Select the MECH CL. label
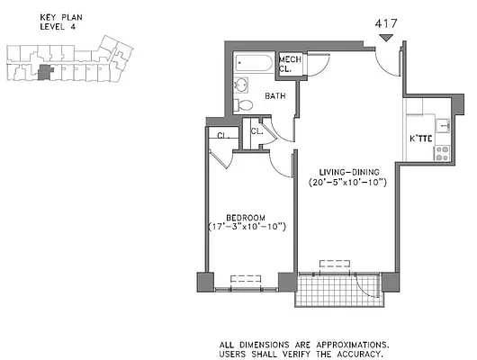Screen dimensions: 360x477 pyautogui.click(x=290, y=63)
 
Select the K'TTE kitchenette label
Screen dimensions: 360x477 pyautogui.click(x=422, y=139)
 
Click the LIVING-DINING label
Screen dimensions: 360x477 pyautogui.click(x=346, y=171)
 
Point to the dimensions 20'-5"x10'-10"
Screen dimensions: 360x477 pyautogui.click(x=347, y=183)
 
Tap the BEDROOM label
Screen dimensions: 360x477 pyautogui.click(x=245, y=216)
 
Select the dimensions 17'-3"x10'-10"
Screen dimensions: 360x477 pyautogui.click(x=246, y=227)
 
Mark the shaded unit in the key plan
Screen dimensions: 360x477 pyautogui.click(x=45, y=72)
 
